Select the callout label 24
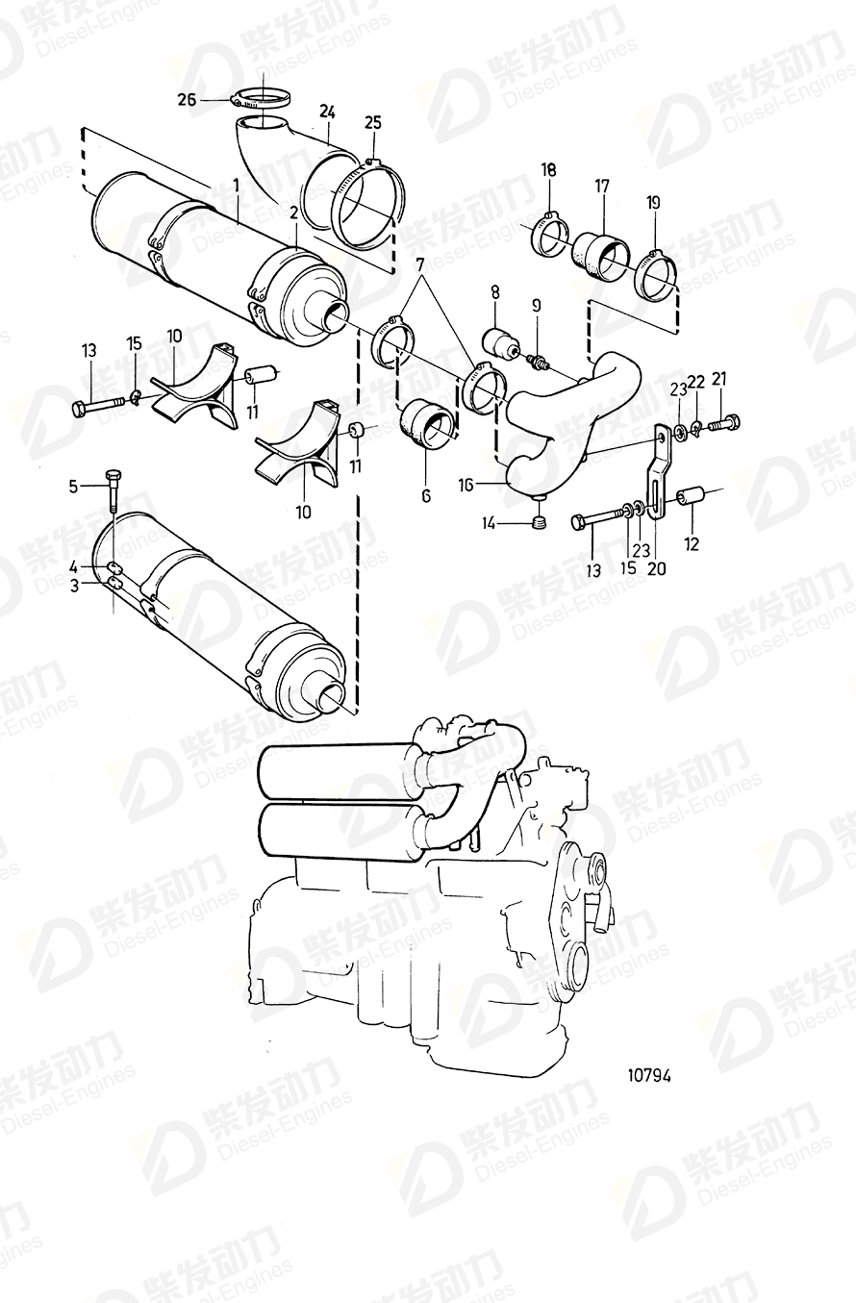point(327,112)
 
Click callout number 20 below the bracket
point(658,568)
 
